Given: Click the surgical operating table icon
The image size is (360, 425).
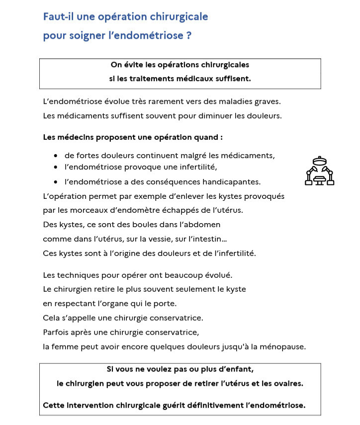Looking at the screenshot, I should (319, 171).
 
